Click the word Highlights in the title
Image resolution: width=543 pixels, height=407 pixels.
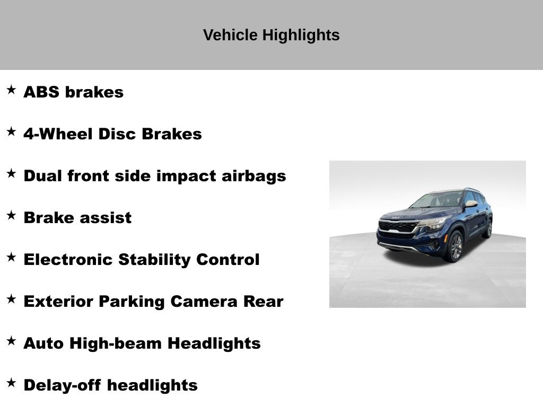[x=301, y=36]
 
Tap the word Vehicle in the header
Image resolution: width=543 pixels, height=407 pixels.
[x=230, y=35]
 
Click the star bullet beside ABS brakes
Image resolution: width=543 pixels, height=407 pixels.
[x=11, y=90]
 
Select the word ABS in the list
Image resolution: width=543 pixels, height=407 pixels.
[x=41, y=92]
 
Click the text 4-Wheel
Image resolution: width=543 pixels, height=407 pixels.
[x=58, y=134]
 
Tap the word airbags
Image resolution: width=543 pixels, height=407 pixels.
[x=254, y=176]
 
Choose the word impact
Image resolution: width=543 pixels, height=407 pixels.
[x=186, y=176]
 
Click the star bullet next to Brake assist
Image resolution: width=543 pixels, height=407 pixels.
[x=11, y=215]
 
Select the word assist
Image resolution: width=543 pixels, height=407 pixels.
[x=106, y=218]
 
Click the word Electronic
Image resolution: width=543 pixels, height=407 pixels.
[x=68, y=260]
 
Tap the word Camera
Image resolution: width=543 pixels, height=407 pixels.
[x=204, y=302]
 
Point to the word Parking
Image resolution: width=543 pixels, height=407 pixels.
[x=132, y=302]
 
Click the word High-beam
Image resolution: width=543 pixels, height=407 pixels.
[x=116, y=343]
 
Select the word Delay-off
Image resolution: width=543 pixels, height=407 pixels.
[x=63, y=386]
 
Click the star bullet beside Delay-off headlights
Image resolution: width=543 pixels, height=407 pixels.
[x=11, y=383]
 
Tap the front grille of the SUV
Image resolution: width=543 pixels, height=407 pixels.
[x=398, y=227]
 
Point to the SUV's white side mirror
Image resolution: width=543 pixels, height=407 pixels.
[x=471, y=203]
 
